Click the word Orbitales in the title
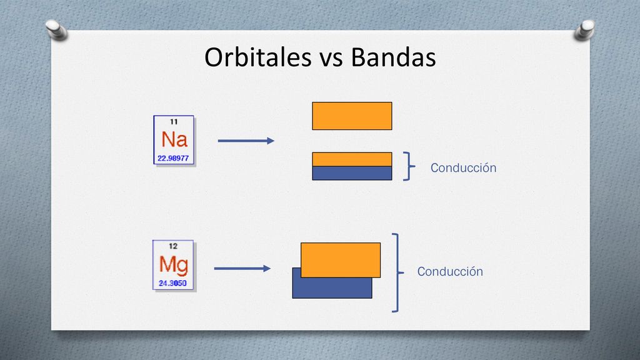[x=258, y=57]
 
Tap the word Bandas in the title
[x=394, y=57]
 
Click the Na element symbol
[x=174, y=139]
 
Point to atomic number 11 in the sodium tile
[x=174, y=122]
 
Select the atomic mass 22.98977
[x=174, y=158]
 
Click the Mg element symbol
[x=174, y=265]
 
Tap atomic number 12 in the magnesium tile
[x=173, y=246]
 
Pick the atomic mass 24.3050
[x=172, y=283]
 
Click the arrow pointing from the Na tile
[x=246, y=141]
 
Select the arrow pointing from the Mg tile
[x=242, y=269]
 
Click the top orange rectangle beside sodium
[x=352, y=116]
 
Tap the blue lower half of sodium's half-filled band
[x=352, y=173]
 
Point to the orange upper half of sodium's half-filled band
[x=352, y=159]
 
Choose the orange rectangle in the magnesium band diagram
[x=341, y=260]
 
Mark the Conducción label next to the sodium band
[x=463, y=167]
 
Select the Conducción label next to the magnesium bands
[x=450, y=271]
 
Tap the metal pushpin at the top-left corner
[x=56, y=30]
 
